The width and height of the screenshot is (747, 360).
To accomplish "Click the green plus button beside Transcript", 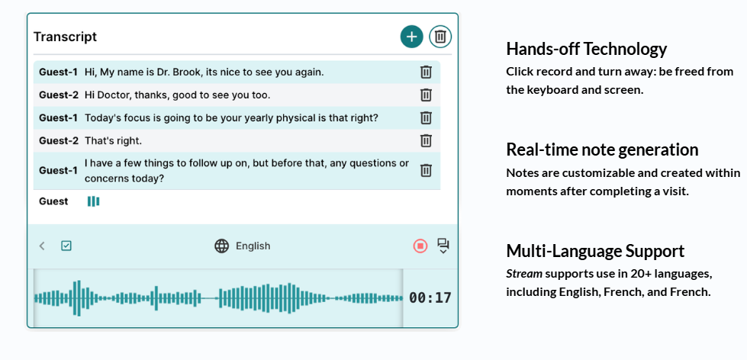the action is [x=411, y=37].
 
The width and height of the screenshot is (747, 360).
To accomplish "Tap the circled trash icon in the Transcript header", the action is [x=441, y=37].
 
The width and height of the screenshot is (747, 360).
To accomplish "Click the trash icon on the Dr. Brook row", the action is [x=426, y=72].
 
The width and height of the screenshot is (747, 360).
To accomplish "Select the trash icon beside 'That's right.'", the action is [x=426, y=140].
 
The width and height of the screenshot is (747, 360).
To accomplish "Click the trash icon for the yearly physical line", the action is [x=426, y=117].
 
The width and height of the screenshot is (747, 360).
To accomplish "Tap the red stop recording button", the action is [x=420, y=246].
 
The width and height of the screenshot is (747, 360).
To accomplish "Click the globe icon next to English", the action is [x=221, y=246].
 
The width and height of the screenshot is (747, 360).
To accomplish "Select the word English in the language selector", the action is [x=253, y=246].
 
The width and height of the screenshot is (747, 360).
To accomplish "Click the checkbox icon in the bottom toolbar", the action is [x=66, y=246].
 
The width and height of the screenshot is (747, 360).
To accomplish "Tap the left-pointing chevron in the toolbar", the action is [x=42, y=246].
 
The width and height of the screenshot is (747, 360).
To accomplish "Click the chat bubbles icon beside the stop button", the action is [x=443, y=246].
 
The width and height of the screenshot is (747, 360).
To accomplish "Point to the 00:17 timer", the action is [x=430, y=298].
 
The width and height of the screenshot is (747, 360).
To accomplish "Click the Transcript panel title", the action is [x=66, y=37].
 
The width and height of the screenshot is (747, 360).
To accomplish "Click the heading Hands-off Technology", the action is [x=587, y=49].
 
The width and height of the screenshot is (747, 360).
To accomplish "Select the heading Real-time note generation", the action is [x=602, y=149].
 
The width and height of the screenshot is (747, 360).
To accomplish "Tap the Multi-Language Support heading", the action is [x=595, y=250].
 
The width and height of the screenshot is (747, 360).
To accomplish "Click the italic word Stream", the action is [x=524, y=274].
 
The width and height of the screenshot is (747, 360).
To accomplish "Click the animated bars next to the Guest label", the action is [x=93, y=201].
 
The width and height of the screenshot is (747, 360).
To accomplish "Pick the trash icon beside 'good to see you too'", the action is [x=426, y=95].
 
